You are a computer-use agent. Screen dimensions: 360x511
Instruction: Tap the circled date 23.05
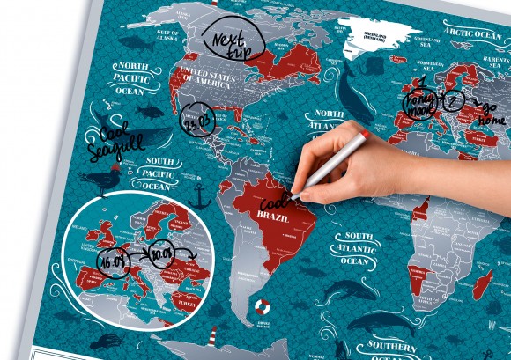197,121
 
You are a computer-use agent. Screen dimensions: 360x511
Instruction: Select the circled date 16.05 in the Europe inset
115,261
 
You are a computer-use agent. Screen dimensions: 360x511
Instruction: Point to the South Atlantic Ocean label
359,248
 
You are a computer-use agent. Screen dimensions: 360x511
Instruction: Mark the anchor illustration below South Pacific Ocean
199,196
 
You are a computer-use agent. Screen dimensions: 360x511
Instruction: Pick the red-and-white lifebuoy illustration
263,307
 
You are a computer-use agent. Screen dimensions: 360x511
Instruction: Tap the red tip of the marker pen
364,136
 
